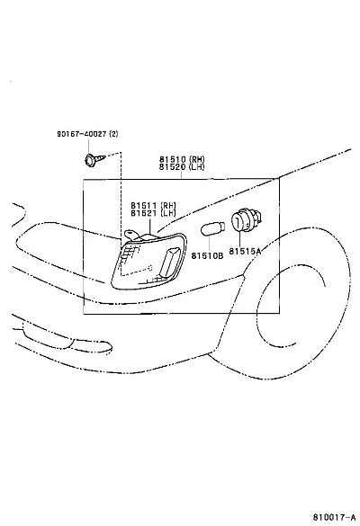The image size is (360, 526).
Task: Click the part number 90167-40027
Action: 82,134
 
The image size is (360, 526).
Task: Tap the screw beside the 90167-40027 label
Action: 94,159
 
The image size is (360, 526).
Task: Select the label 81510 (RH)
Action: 182,159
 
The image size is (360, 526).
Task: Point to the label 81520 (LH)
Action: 181,166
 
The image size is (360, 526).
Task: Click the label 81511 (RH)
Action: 153,205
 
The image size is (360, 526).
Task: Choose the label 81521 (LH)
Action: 153,213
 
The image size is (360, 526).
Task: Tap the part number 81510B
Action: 207,255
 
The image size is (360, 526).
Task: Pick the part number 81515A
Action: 245,251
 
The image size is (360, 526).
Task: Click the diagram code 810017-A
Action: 334,517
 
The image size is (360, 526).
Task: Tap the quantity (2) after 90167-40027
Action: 113,134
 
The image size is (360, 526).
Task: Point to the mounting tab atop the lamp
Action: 131,234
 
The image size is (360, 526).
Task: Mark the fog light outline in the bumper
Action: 67,340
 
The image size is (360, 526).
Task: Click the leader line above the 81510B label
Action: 209,244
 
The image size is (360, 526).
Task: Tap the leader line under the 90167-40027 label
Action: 89,146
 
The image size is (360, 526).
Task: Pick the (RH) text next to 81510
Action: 196,159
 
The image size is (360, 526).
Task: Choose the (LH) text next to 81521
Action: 168,213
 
